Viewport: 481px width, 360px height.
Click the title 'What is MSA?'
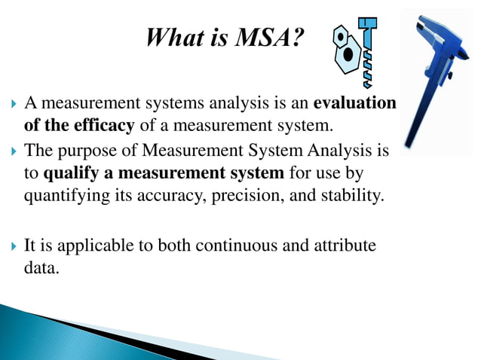226,37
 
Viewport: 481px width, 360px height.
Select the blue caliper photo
441,79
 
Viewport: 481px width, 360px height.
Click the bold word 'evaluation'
354,103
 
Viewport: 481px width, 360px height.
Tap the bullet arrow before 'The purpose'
13,153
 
